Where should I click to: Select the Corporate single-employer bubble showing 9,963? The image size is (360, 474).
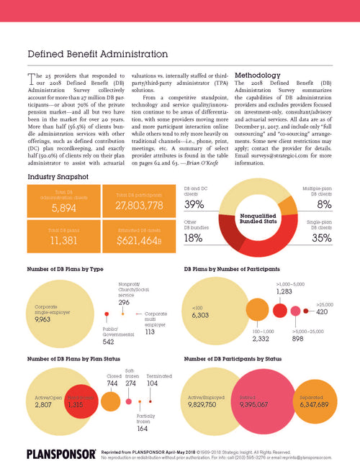point(61,312)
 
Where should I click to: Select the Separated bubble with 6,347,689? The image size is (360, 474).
point(312,405)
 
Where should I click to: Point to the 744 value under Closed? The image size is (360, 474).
point(114,384)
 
